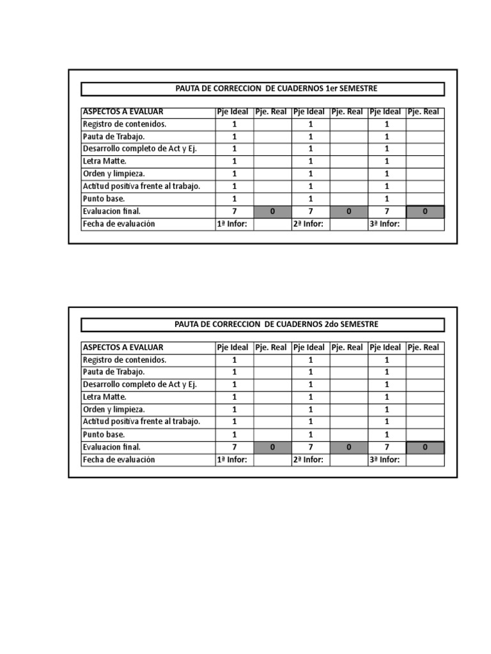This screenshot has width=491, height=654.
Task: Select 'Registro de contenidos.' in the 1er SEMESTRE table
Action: (x=124, y=125)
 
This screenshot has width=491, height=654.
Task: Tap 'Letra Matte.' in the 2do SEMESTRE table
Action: (x=104, y=397)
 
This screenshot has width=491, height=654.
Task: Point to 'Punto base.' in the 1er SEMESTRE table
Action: (x=104, y=199)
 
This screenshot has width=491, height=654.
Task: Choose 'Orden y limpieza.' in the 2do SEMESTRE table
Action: (x=113, y=409)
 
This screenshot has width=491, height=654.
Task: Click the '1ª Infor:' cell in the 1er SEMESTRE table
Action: (x=232, y=224)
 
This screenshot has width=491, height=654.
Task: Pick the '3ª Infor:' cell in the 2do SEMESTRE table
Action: (x=385, y=460)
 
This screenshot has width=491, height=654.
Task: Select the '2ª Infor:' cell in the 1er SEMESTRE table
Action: (x=309, y=224)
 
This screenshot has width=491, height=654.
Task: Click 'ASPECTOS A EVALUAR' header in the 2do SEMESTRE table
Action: (x=123, y=347)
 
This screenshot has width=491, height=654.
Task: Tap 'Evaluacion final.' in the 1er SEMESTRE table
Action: (x=111, y=211)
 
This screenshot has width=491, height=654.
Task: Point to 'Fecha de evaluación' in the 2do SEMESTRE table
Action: (x=119, y=460)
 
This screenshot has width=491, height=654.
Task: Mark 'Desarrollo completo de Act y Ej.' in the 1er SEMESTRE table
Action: (x=139, y=149)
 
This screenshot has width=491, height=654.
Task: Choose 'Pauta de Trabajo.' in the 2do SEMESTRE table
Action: (x=113, y=372)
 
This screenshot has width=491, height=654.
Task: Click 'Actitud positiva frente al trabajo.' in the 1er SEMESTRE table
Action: (x=141, y=186)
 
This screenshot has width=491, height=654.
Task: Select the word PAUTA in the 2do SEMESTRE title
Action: (x=187, y=324)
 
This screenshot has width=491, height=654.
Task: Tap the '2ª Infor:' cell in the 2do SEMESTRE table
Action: (x=309, y=460)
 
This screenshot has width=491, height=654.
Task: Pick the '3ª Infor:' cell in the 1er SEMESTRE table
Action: (x=385, y=224)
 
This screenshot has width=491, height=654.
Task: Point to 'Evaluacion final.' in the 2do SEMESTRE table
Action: (x=111, y=447)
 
